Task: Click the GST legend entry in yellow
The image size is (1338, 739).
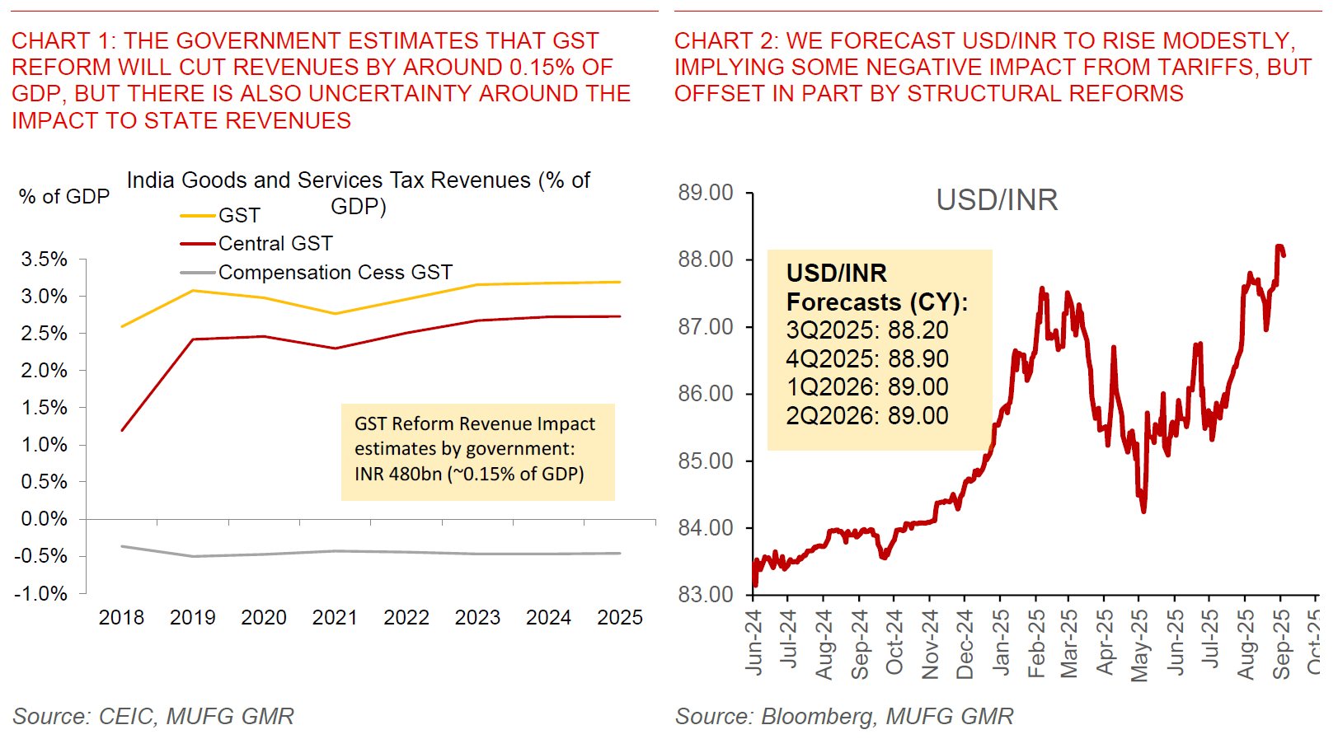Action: (x=238, y=216)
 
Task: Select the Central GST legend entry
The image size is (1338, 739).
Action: (x=275, y=244)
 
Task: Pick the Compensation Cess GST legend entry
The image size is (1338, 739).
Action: (x=335, y=273)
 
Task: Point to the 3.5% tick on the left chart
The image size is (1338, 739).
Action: (x=45, y=260)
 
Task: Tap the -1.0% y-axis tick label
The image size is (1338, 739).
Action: (x=41, y=594)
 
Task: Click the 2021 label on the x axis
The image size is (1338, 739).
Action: (x=335, y=618)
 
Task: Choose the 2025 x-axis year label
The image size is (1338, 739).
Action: (x=620, y=618)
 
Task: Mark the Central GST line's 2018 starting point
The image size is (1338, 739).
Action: (x=122, y=430)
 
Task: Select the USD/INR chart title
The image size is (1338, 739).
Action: (x=997, y=200)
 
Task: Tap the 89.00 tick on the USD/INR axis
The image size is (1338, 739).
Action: (x=706, y=193)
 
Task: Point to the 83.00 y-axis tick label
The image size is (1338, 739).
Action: (x=706, y=595)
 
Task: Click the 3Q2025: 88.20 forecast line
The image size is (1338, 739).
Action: (x=867, y=330)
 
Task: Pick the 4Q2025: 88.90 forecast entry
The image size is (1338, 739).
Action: (x=867, y=359)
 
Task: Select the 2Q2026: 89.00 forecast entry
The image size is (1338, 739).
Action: (x=867, y=416)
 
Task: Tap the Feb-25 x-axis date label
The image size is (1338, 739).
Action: (x=1037, y=643)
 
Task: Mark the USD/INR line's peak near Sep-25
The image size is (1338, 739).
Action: (x=1279, y=246)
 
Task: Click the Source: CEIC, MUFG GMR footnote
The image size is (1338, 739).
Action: (x=153, y=717)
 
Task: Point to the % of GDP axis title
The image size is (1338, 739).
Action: (x=64, y=197)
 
